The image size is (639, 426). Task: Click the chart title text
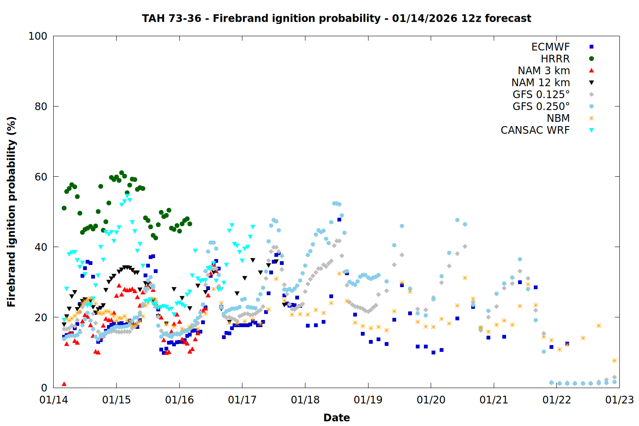337,18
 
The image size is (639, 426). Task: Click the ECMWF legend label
550,47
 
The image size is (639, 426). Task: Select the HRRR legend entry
555,59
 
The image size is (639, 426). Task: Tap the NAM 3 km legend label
544,71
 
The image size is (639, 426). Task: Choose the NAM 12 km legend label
541,83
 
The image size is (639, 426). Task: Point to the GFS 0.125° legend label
541,95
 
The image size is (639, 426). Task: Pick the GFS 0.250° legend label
541,106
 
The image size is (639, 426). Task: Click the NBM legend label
558,118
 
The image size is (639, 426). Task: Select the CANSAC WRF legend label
535,130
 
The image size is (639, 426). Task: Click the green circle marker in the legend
591,59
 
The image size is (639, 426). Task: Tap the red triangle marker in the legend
591,71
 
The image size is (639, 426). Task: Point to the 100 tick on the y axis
38,36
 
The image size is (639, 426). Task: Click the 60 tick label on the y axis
41,177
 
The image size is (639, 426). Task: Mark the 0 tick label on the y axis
44,388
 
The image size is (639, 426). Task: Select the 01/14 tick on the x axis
54,400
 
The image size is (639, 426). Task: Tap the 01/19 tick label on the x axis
368,400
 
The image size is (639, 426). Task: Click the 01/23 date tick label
619,400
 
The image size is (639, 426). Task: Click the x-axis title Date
337,417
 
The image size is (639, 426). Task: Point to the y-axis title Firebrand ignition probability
11,212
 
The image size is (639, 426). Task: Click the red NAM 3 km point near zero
64,384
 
